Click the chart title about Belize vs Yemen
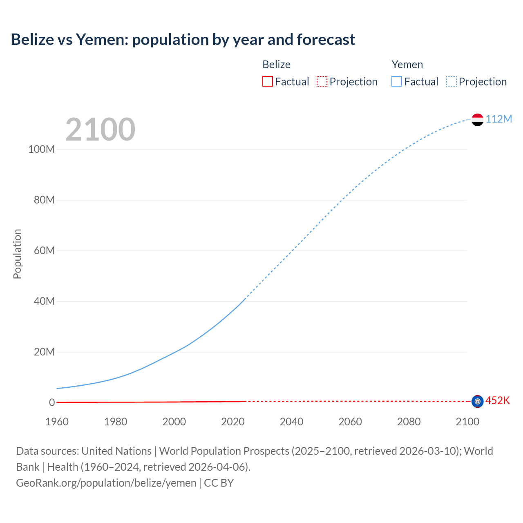click(x=183, y=40)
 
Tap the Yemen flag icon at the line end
click(x=477, y=120)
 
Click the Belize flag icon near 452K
click(x=477, y=401)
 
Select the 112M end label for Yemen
click(x=498, y=119)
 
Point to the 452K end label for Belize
click(x=497, y=400)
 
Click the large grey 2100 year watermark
click(x=100, y=130)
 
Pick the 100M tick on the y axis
click(x=41, y=149)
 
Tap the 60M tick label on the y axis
click(x=44, y=250)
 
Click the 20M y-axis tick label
click(x=44, y=352)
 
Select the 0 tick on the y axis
click(x=52, y=402)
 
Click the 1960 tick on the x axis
click(x=57, y=422)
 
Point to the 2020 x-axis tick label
click(x=233, y=422)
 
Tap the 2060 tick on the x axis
click(x=350, y=422)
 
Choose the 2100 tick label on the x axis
click(x=467, y=422)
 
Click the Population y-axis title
click(x=17, y=254)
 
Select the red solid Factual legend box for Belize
click(x=268, y=82)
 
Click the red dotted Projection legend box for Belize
click(x=322, y=82)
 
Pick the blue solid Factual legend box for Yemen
click(x=397, y=82)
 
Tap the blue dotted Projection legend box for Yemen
click(x=451, y=82)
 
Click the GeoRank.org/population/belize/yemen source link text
click(x=106, y=483)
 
